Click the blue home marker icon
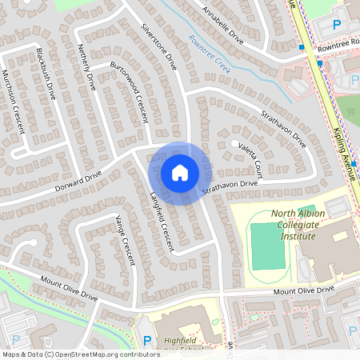coord(180,172)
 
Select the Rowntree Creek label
coord(210,54)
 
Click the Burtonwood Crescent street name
coord(130,91)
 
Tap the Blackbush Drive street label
coord(46,73)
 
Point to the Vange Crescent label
coord(126,241)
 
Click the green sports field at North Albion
coord(267,246)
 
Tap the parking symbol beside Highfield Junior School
coord(147,340)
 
